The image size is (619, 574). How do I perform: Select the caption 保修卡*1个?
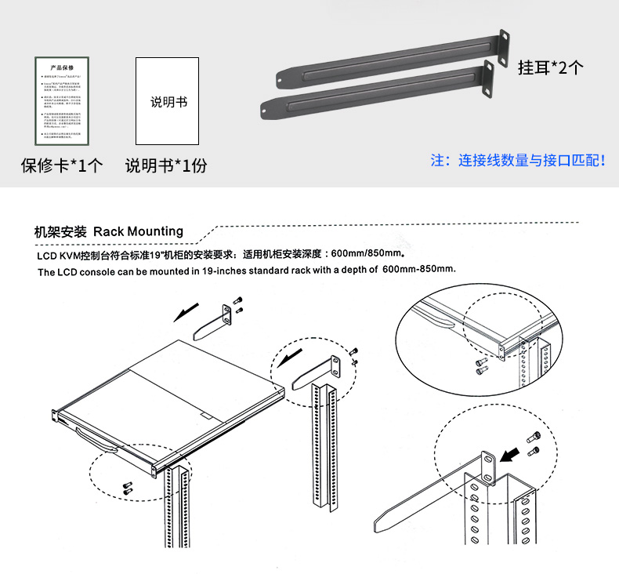61,165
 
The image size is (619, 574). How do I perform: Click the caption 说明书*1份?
166,165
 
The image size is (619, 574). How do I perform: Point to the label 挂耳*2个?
550,67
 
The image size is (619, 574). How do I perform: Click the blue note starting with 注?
518,160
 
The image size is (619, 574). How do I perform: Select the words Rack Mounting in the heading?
138,231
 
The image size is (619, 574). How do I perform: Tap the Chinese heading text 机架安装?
60,231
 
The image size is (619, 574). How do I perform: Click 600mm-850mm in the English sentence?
419,269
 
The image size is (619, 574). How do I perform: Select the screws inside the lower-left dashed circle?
128,487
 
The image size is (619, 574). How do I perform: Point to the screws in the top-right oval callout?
480,366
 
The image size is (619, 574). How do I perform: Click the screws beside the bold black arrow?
535,444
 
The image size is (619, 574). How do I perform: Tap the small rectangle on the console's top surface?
206,417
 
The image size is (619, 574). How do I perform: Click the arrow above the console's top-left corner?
186,313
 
